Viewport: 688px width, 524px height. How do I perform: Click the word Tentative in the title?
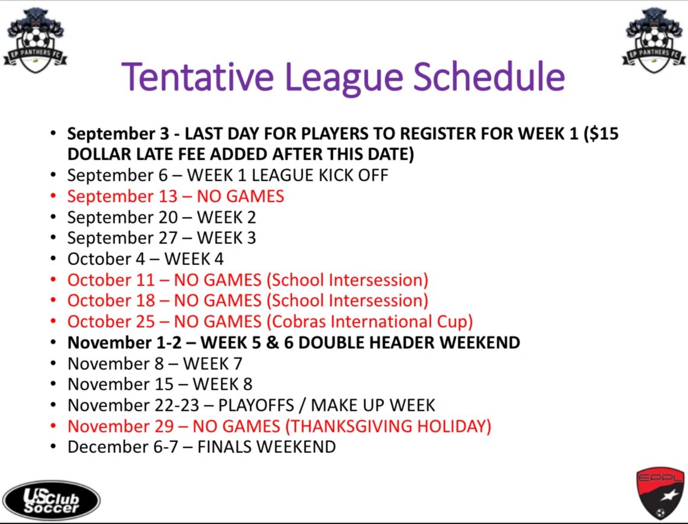point(197,76)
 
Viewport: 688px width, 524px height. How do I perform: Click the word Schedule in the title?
point(489,76)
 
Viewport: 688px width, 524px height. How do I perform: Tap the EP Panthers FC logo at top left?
point(35,40)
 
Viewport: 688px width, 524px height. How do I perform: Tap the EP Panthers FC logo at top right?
point(654,40)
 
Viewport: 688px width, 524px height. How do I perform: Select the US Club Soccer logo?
point(51,501)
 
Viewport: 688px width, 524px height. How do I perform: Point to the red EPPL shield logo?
point(660,493)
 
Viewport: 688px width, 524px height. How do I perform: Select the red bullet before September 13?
point(53,196)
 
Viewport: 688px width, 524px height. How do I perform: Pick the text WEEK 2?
point(226,217)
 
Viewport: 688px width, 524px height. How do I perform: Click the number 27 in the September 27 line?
point(168,238)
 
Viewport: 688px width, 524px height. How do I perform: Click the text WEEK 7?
point(213,363)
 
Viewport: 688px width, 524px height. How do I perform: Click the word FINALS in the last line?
point(224,447)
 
